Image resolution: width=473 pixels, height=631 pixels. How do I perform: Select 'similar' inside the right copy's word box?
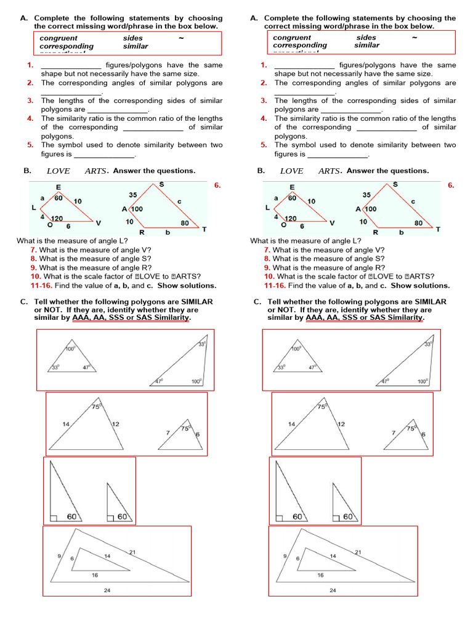pyautogui.click(x=367, y=45)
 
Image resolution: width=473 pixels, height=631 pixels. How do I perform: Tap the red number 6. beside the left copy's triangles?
pyautogui.click(x=217, y=185)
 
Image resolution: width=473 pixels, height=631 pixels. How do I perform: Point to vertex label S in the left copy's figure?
pyautogui.click(x=161, y=184)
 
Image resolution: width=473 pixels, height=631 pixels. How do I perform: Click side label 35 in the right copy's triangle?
pyautogui.click(x=366, y=195)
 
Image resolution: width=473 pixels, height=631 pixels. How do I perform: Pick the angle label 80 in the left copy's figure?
pyautogui.click(x=185, y=223)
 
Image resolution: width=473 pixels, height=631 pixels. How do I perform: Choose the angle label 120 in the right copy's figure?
pyautogui.click(x=290, y=218)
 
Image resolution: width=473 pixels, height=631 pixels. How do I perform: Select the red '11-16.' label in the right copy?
pyautogui.click(x=275, y=285)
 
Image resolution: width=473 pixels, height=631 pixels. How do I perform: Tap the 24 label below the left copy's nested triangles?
pyautogui.click(x=108, y=590)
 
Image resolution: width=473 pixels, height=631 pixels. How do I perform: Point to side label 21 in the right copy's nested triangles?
pyautogui.click(x=358, y=552)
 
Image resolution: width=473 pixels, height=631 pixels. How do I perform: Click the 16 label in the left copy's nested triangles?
pyautogui.click(x=94, y=575)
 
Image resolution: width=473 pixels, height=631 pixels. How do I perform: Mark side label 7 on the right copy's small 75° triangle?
pyautogui.click(x=394, y=433)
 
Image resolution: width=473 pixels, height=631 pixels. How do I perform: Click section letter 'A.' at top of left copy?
pyautogui.click(x=24, y=18)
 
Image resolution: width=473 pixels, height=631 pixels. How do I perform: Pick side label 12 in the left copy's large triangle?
pyautogui.click(x=115, y=424)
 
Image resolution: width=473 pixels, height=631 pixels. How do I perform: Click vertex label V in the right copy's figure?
pyautogui.click(x=332, y=222)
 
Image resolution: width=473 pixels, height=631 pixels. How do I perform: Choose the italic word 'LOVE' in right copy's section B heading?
pyautogui.click(x=291, y=171)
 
